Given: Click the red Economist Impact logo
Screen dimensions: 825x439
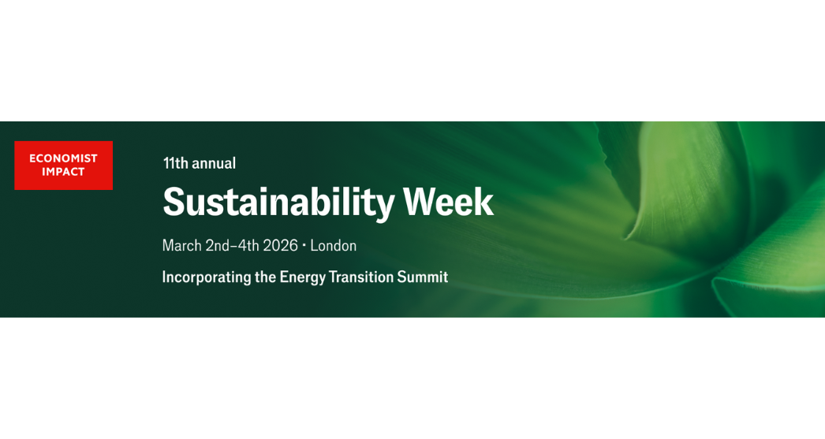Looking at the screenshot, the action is [x=64, y=165].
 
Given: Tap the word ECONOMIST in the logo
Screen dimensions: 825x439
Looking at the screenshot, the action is [x=64, y=158].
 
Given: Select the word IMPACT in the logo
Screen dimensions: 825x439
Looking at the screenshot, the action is [x=64, y=172].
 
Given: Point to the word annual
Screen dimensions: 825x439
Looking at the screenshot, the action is [x=214, y=163].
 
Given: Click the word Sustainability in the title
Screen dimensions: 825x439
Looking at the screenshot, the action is [x=279, y=203].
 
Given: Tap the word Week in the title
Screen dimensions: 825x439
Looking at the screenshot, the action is [x=449, y=202].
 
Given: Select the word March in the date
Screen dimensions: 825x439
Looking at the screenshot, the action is [x=182, y=246].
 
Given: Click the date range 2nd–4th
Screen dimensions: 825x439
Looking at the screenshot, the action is [x=232, y=246].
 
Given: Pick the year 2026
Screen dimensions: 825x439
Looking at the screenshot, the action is [x=281, y=246].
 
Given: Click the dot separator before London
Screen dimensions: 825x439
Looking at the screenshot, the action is [x=304, y=245].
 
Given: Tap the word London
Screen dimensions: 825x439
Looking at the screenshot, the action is [x=334, y=246].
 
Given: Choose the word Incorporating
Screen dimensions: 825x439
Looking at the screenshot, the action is [x=207, y=277].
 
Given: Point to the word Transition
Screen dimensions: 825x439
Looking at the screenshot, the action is [x=361, y=277].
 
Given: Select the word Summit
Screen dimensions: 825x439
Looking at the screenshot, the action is [x=423, y=277].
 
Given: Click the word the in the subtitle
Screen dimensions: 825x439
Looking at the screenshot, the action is [x=266, y=277].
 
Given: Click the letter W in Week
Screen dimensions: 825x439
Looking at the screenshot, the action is [x=421, y=202].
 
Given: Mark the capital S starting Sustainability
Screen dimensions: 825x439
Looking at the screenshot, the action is [x=174, y=202].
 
